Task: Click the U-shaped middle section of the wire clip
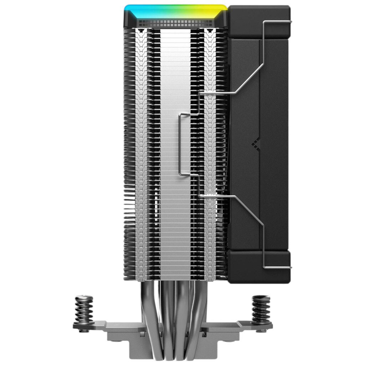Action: point(182,144)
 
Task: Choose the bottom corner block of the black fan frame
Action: point(258,266)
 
